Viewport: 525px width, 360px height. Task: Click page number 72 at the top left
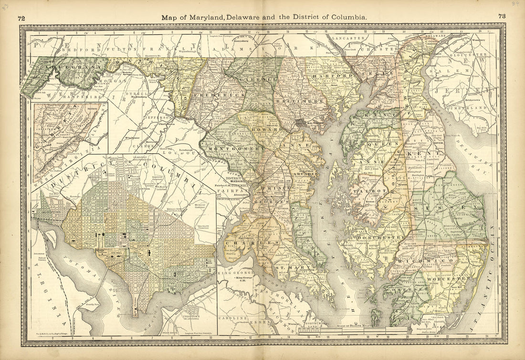[21, 19]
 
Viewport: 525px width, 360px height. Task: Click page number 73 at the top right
[502, 16]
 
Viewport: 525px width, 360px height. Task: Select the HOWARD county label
[271, 129]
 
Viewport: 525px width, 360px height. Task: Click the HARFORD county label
[329, 76]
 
